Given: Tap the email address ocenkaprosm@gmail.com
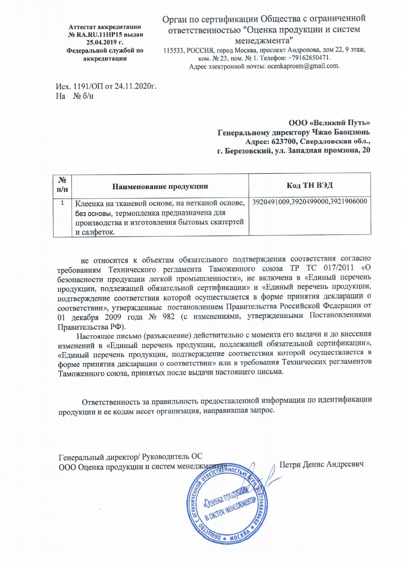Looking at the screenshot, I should pyautogui.click(x=303, y=66).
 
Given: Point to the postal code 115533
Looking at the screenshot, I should pyautogui.click(x=174, y=50).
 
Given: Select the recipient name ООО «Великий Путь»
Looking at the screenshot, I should pyautogui.click(x=329, y=123).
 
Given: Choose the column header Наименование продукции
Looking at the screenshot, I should pyautogui.click(x=160, y=186).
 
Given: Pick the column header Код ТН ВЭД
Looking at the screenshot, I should pyautogui.click(x=309, y=185).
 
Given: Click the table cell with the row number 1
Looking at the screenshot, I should pyautogui.click(x=62, y=203).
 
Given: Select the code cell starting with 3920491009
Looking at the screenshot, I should pyautogui.click(x=309, y=202).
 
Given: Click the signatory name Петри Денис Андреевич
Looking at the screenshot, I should pyautogui.click(x=321, y=464).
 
